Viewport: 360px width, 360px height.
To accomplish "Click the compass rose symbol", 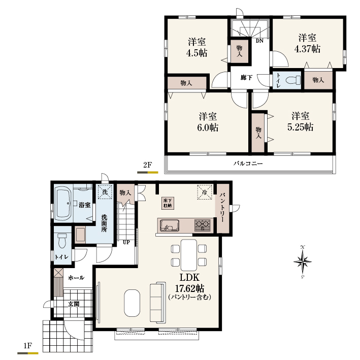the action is (303, 261).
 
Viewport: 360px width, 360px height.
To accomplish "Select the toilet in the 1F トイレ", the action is (62, 241).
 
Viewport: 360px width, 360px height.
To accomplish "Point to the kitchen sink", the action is (170, 225).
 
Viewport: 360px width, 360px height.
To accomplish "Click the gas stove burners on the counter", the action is (202, 225).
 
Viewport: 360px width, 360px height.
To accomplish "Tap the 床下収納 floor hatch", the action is (168, 203).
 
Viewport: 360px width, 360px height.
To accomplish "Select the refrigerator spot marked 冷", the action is (204, 192).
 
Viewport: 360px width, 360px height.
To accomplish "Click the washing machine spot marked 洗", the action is (105, 192).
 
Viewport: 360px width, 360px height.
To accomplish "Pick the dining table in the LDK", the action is (189, 255).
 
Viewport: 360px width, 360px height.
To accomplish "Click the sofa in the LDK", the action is (158, 302).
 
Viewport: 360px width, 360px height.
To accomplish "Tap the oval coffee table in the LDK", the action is (132, 303).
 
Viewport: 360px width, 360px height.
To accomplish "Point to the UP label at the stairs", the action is (126, 242).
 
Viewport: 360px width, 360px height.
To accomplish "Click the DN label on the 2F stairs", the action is (259, 41).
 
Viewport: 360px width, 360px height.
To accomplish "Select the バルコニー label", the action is (248, 163).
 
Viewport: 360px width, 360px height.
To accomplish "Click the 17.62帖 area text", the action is (189, 288).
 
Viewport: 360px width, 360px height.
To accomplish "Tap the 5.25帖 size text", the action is (300, 127).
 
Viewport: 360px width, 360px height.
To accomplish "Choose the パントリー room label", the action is (222, 208).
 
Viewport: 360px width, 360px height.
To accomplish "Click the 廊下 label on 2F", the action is (246, 78).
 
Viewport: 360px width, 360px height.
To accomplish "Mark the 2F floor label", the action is (148, 165).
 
